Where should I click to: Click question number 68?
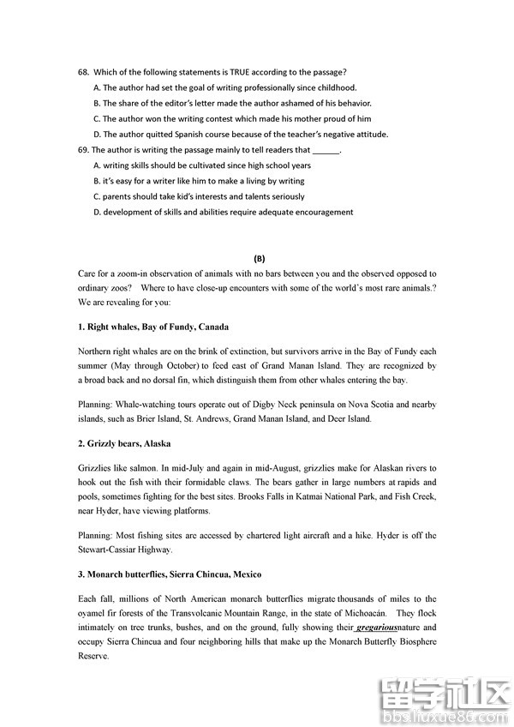pos(83,72)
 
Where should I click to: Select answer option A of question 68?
pos(98,87)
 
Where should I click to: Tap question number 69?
pos(83,150)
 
